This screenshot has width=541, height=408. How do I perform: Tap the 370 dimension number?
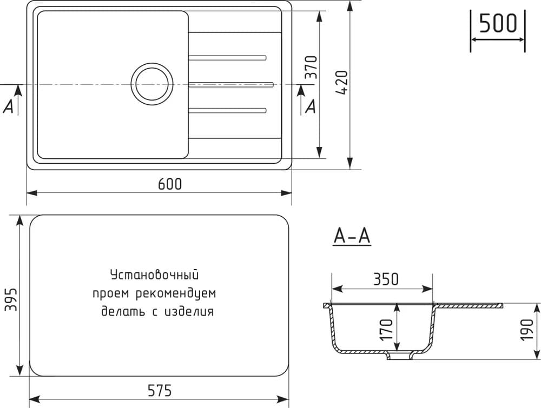point(310,67)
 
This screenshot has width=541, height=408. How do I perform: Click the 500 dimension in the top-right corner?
point(498,24)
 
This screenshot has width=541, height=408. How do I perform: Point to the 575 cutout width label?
point(159,390)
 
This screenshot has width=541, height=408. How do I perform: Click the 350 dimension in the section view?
point(386,279)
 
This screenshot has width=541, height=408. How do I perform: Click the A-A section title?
point(352,236)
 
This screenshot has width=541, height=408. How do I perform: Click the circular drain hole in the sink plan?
point(153,84)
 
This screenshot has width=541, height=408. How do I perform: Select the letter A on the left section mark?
point(9,107)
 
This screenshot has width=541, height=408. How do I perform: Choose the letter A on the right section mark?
point(311,107)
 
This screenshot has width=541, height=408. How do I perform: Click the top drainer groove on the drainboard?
point(227,57)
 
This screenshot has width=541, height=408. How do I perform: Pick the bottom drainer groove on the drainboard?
point(227,111)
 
